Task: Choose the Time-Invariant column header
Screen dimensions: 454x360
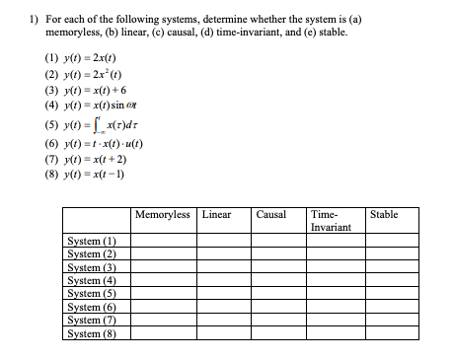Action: tap(326, 220)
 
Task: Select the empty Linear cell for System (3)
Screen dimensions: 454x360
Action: tap(224, 265)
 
